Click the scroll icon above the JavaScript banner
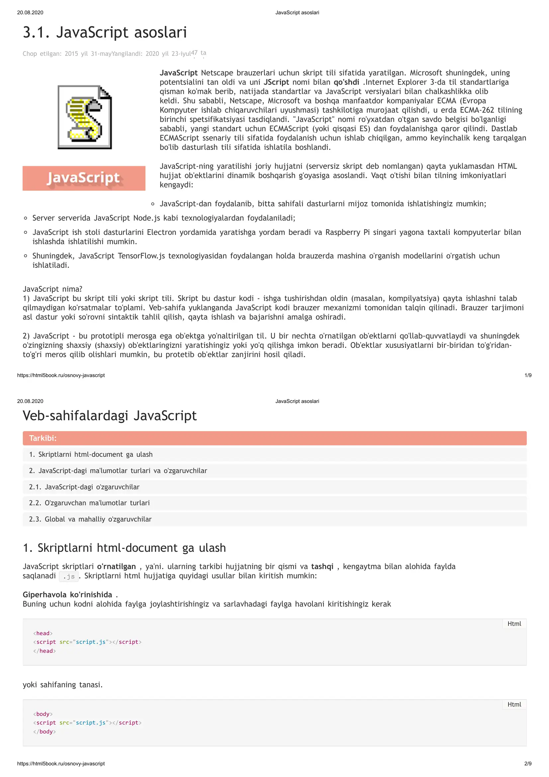[85, 117]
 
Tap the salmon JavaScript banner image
[84, 178]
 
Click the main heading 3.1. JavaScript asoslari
[105, 33]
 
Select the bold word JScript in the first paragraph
[276, 82]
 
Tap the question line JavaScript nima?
[52, 289]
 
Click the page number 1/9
[528, 375]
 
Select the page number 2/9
[528, 763]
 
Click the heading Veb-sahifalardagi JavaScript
[110, 416]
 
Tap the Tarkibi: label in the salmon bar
[43, 438]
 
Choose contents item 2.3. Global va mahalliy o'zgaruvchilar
[90, 519]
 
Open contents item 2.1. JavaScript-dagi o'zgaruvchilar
[84, 487]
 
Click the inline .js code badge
[69, 576]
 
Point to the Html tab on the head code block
[514, 624]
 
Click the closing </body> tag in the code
[44, 731]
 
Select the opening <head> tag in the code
[43, 633]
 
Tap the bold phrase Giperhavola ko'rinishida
[67, 595]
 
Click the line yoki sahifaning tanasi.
[62, 685]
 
